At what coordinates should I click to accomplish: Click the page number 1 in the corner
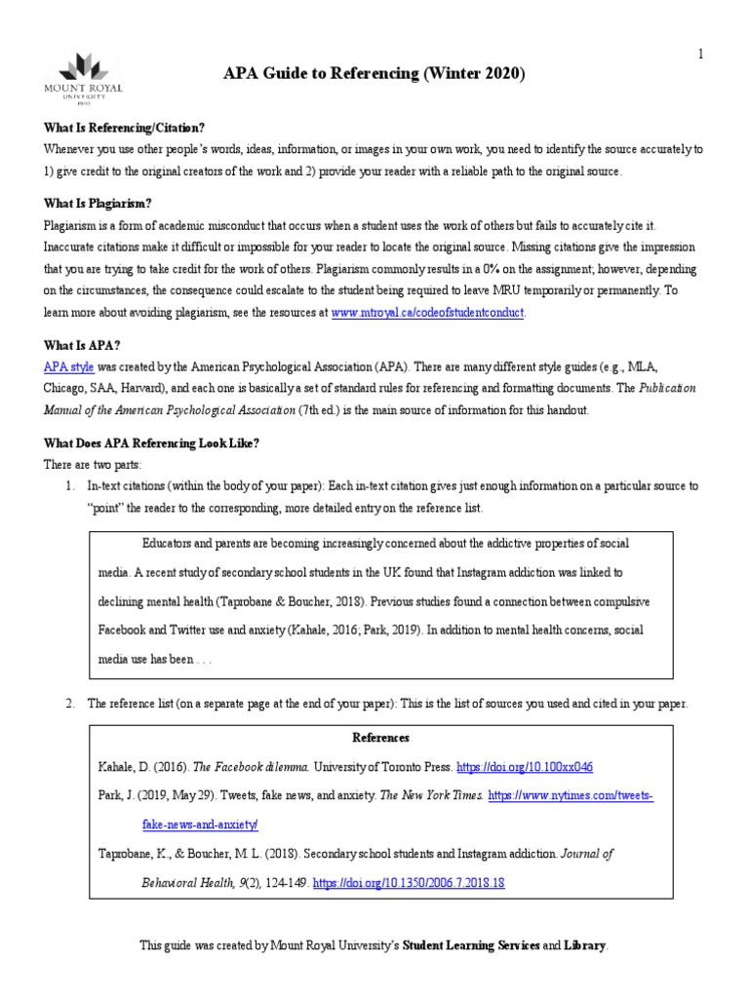coord(699,55)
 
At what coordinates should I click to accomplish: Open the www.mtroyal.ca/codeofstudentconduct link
coord(428,312)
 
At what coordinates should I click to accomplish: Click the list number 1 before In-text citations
coord(69,485)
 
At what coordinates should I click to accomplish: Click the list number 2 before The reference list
coord(69,703)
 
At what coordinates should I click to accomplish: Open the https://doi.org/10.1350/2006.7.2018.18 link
coord(408,883)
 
